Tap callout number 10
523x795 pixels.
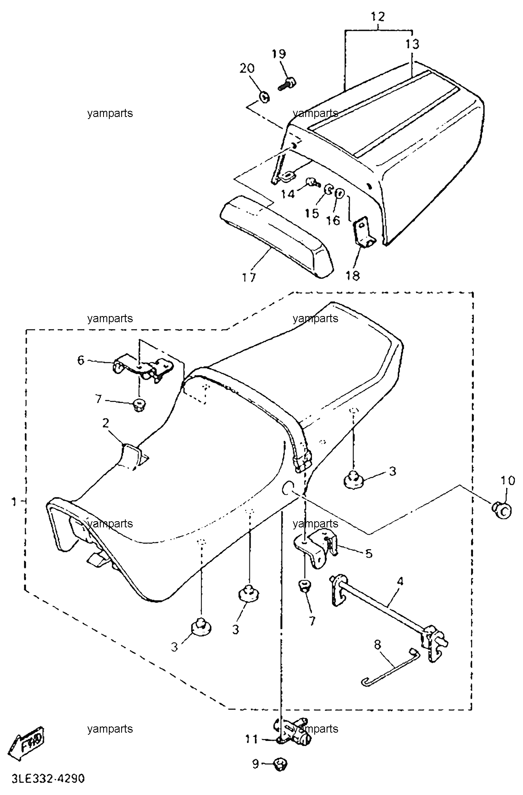coord(507,481)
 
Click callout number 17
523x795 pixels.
coord(249,277)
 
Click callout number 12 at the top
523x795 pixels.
coord(378,17)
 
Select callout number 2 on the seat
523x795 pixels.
coord(106,423)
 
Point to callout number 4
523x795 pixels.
coord(400,581)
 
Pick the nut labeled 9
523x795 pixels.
coord(281,763)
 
